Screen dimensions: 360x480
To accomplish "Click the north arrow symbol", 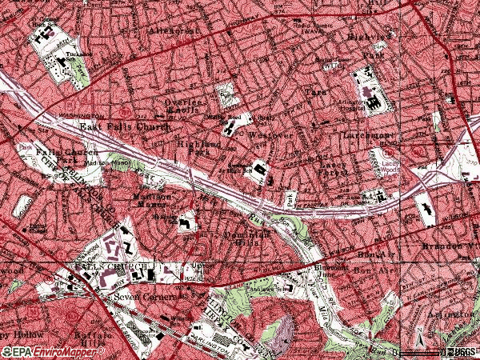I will (418, 343).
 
